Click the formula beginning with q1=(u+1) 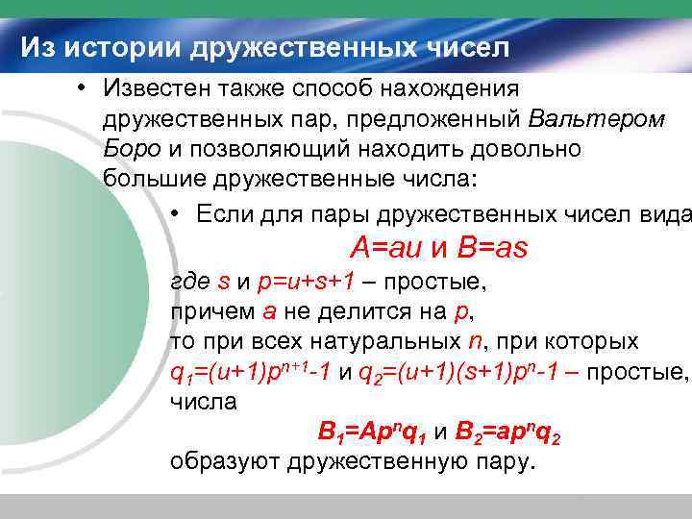click(251, 373)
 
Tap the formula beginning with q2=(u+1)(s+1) click(457, 373)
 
